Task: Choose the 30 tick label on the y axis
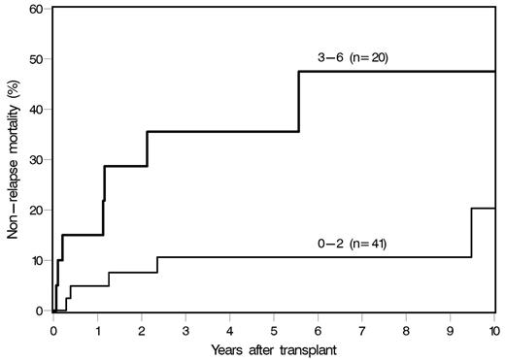37,160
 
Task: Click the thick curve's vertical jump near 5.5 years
298,102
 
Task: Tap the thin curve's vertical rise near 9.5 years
472,233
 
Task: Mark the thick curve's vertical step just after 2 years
147,148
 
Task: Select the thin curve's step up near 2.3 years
156,264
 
